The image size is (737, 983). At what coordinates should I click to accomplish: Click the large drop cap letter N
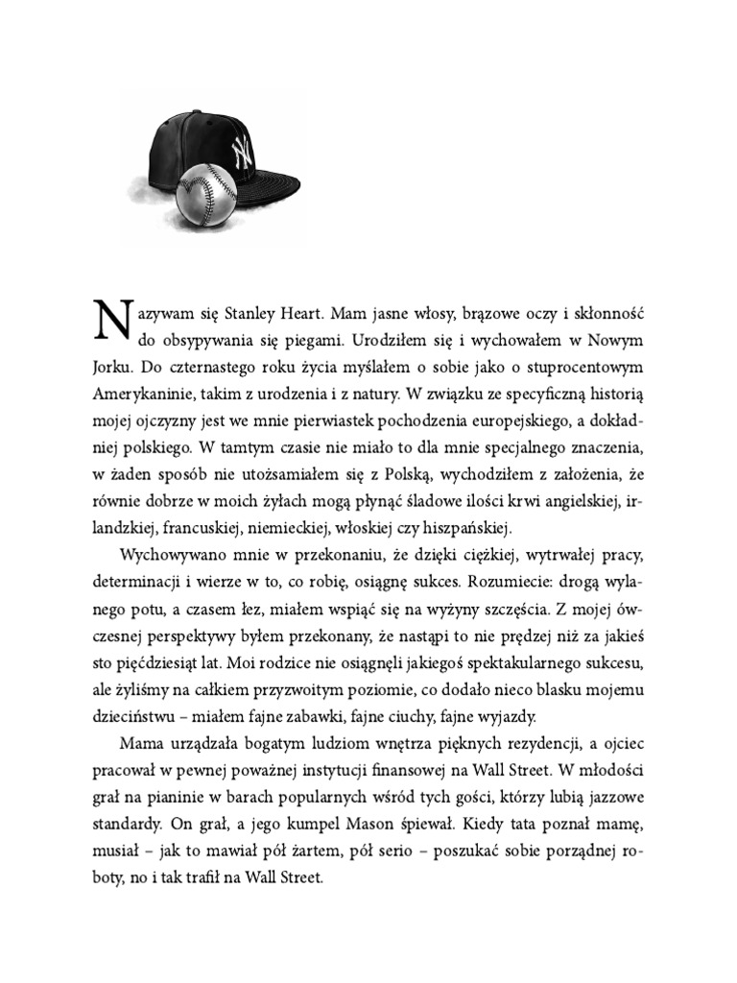click(111, 321)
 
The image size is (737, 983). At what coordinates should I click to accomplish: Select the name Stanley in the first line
click(258, 315)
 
